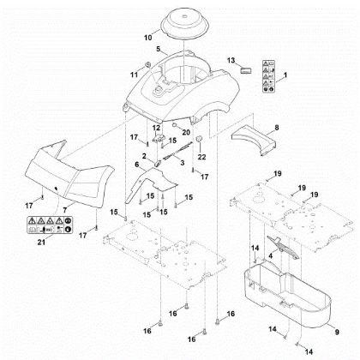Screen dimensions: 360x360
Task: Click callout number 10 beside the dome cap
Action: [147, 39]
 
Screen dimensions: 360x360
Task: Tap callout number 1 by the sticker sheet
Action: [285, 77]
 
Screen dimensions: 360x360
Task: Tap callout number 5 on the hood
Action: [157, 51]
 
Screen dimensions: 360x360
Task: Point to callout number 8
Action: [275, 128]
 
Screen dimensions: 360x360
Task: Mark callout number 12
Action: [156, 127]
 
